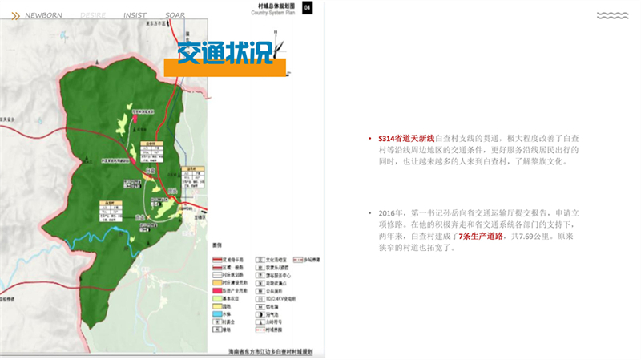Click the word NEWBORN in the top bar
[43, 15]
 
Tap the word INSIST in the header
[135, 15]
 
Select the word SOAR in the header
[175, 15]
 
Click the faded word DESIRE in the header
[91, 15]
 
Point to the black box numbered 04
[307, 7]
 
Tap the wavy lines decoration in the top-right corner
[612, 15]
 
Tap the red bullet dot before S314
[369, 139]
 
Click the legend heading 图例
[216, 244]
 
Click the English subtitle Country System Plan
[274, 14]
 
